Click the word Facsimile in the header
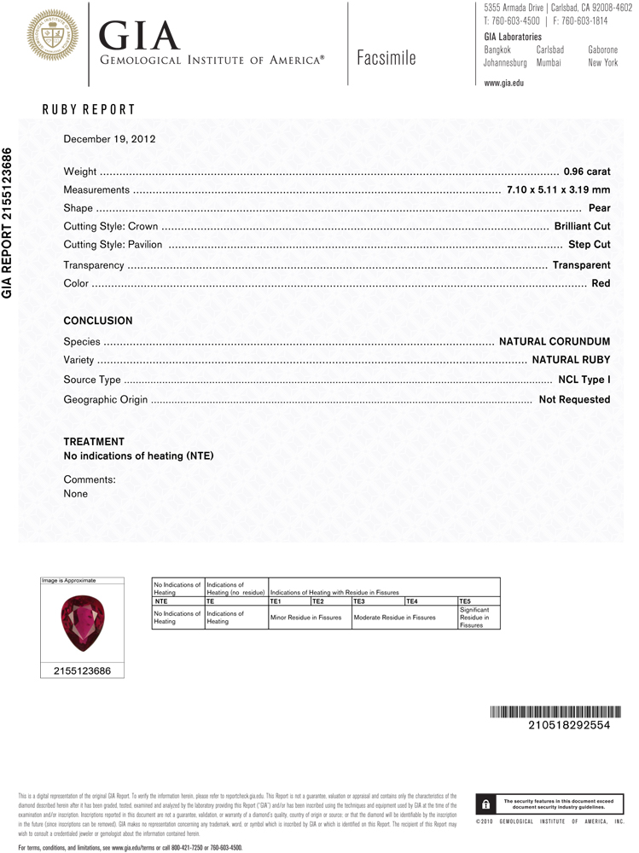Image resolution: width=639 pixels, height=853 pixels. pos(387,58)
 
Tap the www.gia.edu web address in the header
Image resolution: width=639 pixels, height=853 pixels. pos(503,84)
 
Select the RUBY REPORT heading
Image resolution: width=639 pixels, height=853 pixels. pos(89,110)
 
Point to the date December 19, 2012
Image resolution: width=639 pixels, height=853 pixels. pos(109,138)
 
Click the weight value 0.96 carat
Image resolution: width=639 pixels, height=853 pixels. pos(587,172)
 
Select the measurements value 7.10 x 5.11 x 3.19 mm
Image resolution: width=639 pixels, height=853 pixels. pos(558,190)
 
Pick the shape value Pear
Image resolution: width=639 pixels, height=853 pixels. pos(600,208)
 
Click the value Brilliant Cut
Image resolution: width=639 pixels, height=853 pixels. pos(582,227)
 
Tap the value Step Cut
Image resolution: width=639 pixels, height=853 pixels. pos(590,246)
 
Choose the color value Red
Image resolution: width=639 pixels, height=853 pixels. pos(601,283)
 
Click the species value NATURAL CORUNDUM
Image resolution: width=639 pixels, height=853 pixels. pos(555,342)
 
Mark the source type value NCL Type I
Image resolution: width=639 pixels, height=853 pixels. pos(584,380)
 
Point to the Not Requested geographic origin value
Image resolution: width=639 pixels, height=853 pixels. pos(574,399)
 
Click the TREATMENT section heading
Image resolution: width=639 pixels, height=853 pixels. pos(94,442)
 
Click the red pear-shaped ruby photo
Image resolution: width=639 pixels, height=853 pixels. pos(82,624)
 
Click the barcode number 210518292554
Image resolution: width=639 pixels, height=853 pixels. pos(569,725)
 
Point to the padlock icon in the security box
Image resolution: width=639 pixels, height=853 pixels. pos(485,804)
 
